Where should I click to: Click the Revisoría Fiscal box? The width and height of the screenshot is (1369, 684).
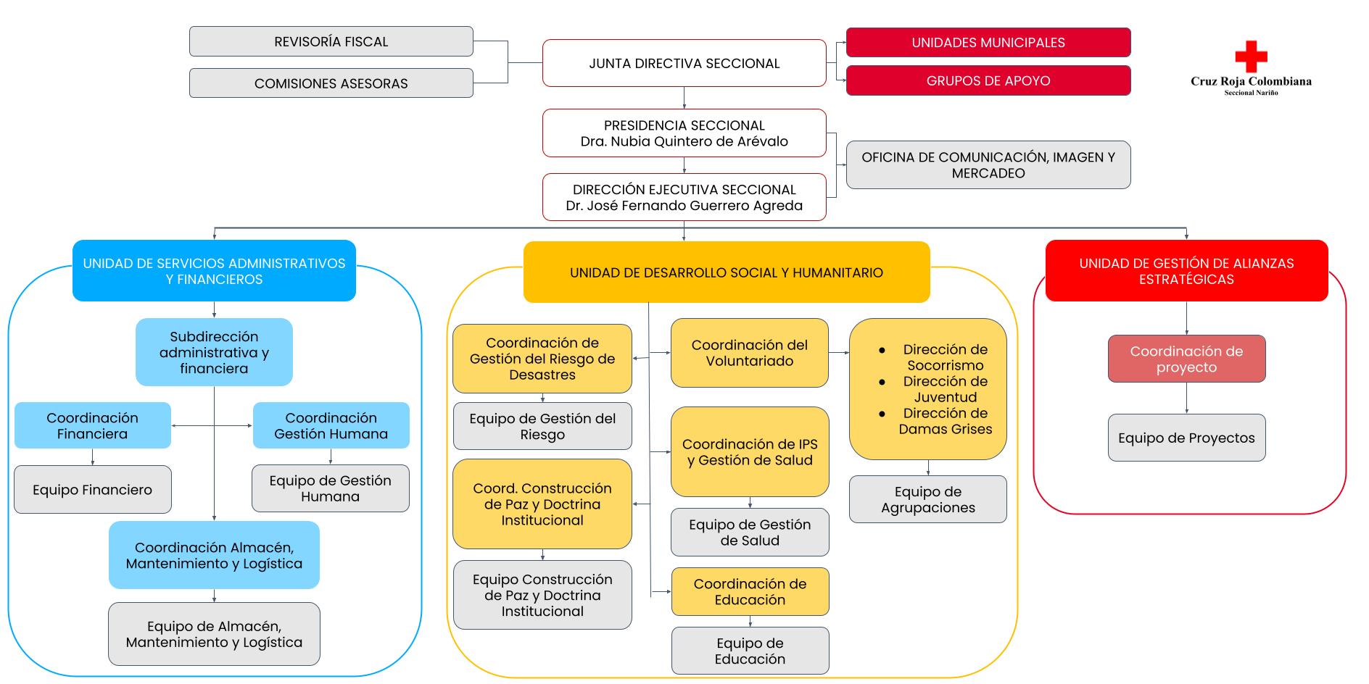tap(331, 41)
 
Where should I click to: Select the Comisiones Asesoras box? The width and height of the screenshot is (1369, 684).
tap(331, 83)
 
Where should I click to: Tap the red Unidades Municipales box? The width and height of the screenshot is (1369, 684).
tap(988, 42)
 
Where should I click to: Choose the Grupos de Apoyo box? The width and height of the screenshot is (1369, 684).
tap(988, 80)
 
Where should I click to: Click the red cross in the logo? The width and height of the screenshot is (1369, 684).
tap(1251, 56)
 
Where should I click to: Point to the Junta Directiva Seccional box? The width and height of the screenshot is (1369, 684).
tap(684, 63)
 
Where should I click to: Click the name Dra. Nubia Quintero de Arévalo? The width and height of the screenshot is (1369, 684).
tap(684, 141)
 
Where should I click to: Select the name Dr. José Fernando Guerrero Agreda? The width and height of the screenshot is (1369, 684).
tap(684, 206)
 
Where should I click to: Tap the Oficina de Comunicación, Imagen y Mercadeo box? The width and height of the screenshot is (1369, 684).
tap(988, 165)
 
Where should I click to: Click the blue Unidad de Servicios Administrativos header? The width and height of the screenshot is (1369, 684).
tap(214, 271)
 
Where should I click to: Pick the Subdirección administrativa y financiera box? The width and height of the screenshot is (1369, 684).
tap(214, 352)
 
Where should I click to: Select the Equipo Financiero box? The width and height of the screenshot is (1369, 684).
tap(93, 490)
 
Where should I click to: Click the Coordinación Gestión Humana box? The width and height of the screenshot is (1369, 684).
tap(331, 425)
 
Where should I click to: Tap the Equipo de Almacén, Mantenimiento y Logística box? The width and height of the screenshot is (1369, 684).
tap(214, 634)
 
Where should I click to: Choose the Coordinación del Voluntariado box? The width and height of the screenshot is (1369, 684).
tap(750, 353)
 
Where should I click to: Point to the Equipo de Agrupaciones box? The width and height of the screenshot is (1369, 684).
tap(928, 499)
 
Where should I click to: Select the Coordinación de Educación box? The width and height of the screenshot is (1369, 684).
tap(750, 592)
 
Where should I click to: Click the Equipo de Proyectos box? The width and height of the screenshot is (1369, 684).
tap(1186, 438)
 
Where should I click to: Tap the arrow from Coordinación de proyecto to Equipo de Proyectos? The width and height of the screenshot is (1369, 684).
tap(1186, 398)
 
